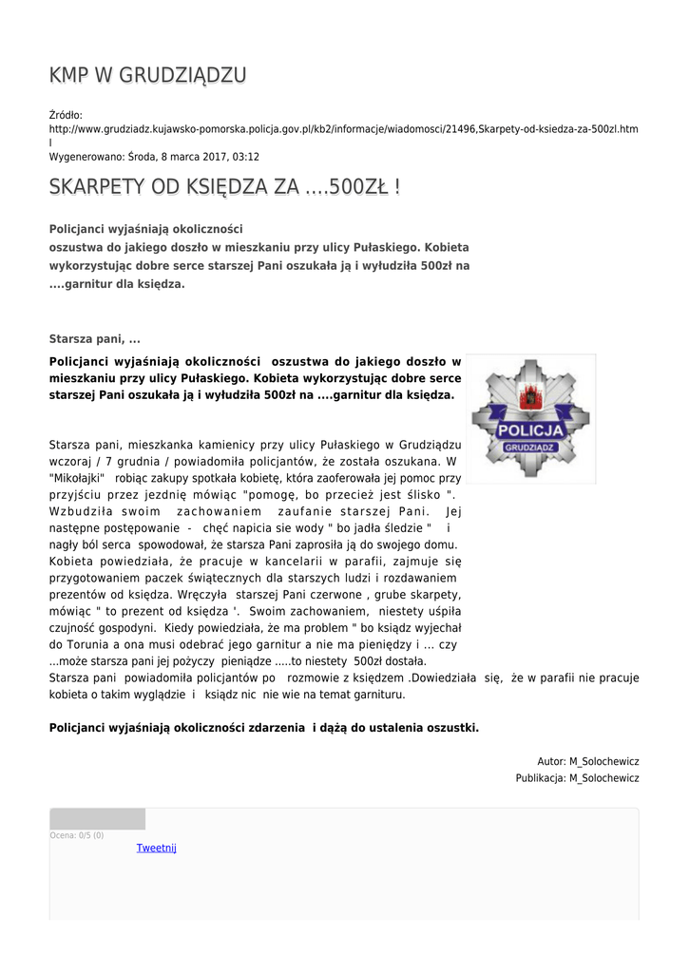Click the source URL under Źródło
(343, 128)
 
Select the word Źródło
(66, 115)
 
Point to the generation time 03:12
(245, 157)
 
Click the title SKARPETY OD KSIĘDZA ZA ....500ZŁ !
(224, 187)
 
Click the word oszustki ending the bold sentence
(450, 728)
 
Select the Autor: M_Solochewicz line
(587, 761)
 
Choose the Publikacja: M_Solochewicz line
(577, 778)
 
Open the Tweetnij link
(157, 848)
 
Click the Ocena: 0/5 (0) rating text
(77, 835)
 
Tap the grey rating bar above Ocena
(97, 819)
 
